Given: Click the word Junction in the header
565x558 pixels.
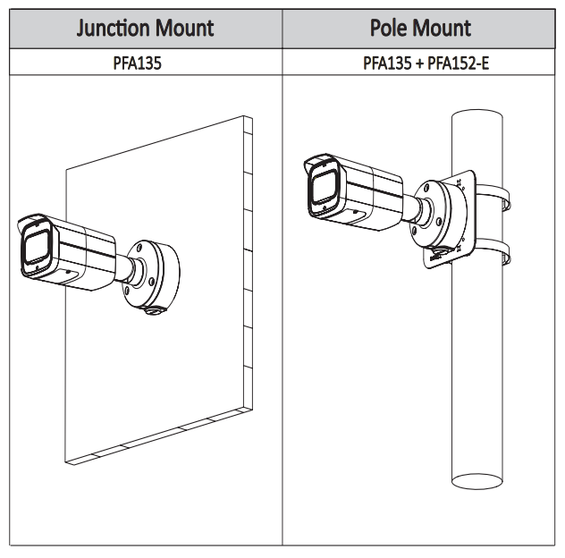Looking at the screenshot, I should (x=113, y=28).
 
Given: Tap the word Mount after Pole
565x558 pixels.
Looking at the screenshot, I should (x=443, y=28).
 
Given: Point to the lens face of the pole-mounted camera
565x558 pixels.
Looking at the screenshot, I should (x=322, y=189).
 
